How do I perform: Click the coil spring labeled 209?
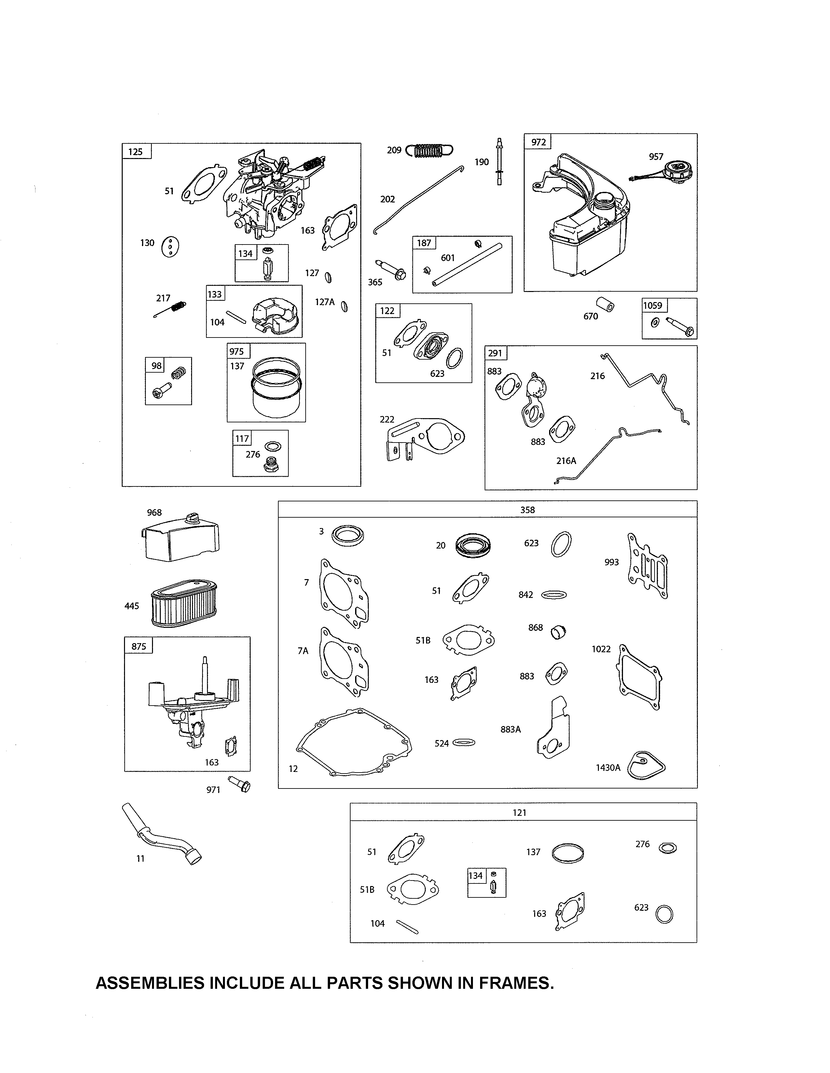click(x=429, y=150)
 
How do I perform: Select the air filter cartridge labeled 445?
click(x=184, y=603)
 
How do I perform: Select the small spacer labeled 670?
click(x=606, y=305)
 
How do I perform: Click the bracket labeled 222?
click(x=423, y=437)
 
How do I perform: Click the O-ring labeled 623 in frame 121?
click(x=664, y=914)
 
